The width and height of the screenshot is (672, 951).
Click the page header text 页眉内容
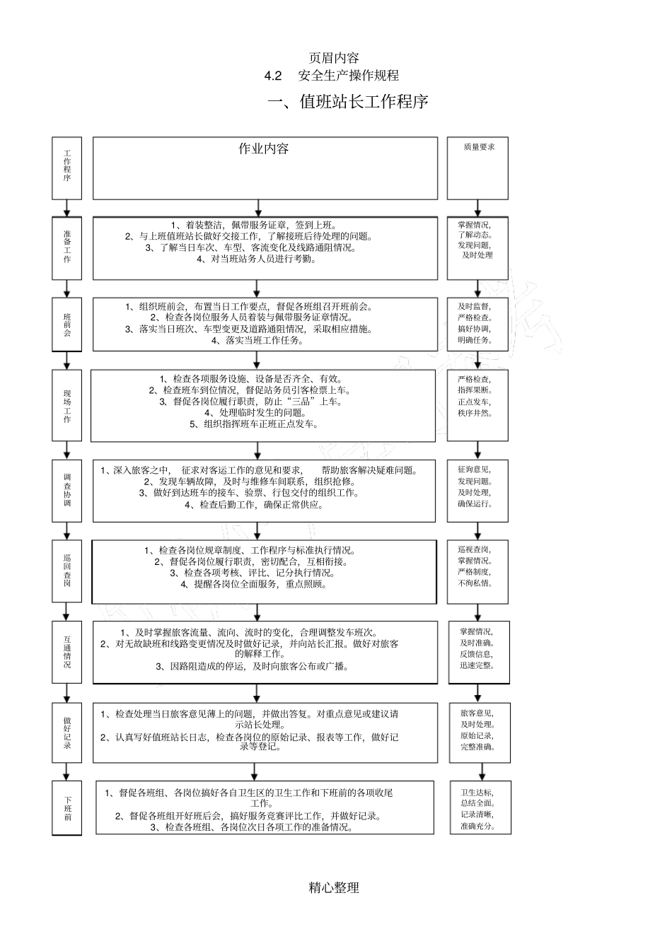pos(334,58)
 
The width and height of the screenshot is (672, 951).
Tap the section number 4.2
pos(273,76)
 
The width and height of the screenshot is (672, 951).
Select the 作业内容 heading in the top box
pos(263,148)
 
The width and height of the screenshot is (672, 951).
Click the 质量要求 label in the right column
pos(479,147)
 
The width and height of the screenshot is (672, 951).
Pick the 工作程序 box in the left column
pos(67,168)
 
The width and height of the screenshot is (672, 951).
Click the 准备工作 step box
pos(67,247)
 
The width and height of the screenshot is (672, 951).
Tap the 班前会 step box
pos(67,325)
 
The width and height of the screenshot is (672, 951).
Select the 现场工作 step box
pos(67,406)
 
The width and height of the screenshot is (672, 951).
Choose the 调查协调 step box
pos(67,490)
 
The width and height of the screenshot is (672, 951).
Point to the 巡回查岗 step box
pos(67,571)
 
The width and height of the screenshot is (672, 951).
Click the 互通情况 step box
pos(67,651)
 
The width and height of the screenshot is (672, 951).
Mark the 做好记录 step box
pos(67,732)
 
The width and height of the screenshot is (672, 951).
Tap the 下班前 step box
pos(67,808)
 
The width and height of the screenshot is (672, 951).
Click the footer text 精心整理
pos(334,887)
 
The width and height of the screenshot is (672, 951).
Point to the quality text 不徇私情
pos(475,583)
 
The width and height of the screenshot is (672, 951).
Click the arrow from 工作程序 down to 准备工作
pos(67,208)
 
